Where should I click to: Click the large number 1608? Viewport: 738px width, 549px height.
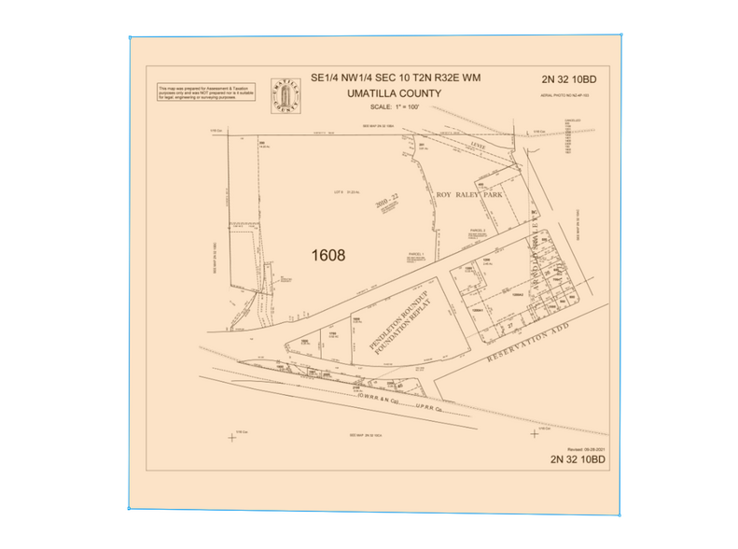click(x=327, y=255)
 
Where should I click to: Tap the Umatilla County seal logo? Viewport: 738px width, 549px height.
click(x=283, y=94)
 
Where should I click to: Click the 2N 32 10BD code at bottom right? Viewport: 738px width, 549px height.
click(x=578, y=459)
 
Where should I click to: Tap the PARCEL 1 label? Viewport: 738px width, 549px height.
click(x=417, y=254)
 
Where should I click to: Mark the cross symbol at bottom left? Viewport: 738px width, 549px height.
click(x=232, y=437)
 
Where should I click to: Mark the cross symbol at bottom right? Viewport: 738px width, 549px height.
click(x=534, y=433)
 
